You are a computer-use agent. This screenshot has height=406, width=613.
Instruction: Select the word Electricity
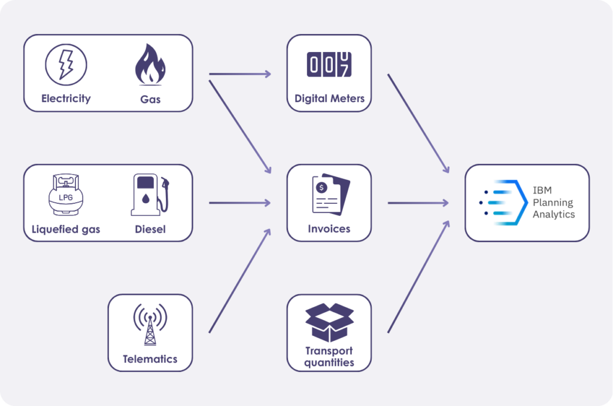coord(66,99)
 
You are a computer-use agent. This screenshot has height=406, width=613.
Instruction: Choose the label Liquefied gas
coord(66,229)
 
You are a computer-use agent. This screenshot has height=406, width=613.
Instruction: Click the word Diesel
coord(150,229)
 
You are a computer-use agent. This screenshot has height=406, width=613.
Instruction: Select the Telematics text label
coord(150,359)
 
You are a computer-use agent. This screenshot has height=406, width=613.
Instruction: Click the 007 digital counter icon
coord(329,65)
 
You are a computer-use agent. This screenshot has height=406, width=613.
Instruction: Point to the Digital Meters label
coord(329,99)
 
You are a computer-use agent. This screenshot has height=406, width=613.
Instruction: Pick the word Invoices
coord(329,228)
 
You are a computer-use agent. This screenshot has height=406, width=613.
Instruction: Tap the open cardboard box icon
coord(329,322)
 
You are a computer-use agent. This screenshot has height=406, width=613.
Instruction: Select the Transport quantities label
coord(329,356)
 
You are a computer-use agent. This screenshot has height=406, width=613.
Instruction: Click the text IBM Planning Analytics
coord(554,202)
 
